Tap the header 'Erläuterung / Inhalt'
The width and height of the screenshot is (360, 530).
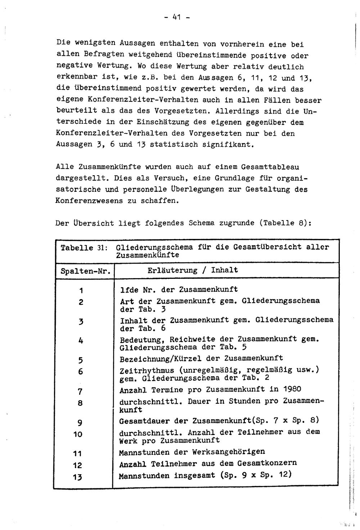point(193,270)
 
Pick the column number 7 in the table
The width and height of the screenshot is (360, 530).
point(80,391)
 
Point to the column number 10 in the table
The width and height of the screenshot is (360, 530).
point(78,434)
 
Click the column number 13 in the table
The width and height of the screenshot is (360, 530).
point(77,477)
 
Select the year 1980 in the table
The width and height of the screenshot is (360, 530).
point(292,389)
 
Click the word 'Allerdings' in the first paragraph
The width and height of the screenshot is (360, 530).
point(237,111)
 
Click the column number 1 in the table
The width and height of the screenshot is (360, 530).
point(81,290)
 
